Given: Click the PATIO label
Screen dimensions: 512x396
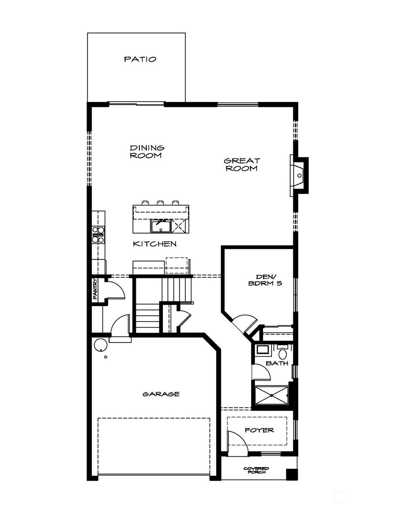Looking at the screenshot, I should (140, 59).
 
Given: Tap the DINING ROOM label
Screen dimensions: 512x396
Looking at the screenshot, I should (147, 152).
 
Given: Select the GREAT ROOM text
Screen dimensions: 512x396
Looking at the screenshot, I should (242, 165).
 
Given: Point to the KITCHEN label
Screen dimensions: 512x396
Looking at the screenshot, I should (155, 244).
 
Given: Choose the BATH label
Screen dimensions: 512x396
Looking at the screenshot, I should (277, 363).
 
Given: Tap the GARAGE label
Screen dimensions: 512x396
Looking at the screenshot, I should (161, 394).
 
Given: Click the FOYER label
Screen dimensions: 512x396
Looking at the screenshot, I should (259, 430).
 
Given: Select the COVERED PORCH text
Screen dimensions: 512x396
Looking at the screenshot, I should (256, 470).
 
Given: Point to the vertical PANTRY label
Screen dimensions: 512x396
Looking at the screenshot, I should (95, 289).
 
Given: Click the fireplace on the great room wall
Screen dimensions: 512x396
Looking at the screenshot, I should (300, 175).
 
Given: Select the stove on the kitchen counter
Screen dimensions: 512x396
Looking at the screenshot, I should (98, 235).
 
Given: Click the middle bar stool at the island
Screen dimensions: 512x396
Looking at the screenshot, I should (160, 203).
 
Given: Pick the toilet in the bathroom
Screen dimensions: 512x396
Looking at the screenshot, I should (282, 353).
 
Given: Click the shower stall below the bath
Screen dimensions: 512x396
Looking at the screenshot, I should (271, 395).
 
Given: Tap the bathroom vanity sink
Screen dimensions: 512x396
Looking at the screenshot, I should (263, 350).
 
